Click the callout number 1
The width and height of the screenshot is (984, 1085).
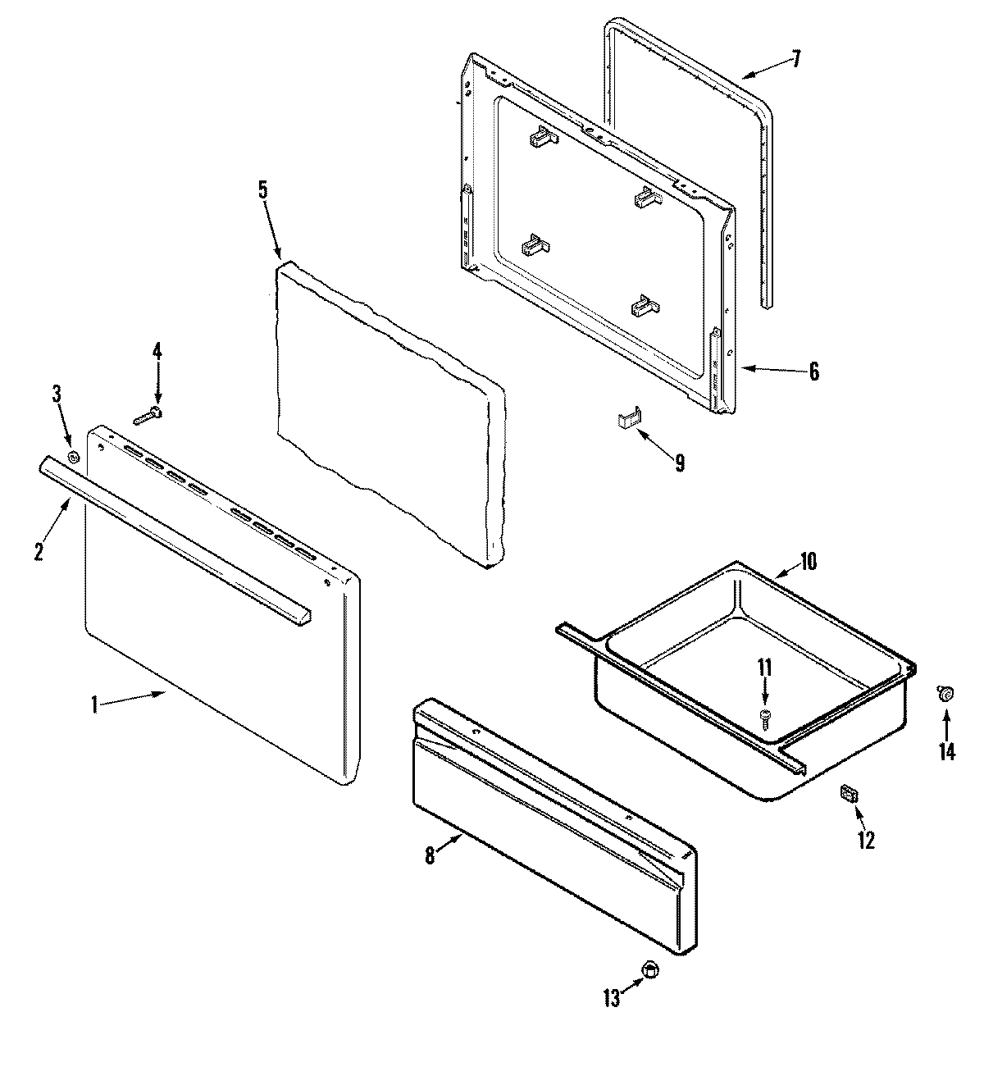tap(94, 704)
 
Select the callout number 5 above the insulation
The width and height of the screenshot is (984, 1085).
tap(262, 189)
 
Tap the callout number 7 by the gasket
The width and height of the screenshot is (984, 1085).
tap(795, 60)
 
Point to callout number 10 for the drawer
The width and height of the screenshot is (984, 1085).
tap(808, 562)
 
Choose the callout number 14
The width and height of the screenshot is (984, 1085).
tap(947, 751)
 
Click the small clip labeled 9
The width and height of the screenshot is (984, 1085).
tap(627, 420)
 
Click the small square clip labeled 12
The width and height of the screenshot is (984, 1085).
tap(849, 794)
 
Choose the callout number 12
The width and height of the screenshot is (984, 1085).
tap(866, 840)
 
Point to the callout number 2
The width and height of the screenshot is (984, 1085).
tap(39, 551)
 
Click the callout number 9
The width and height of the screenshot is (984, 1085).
tap(680, 463)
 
